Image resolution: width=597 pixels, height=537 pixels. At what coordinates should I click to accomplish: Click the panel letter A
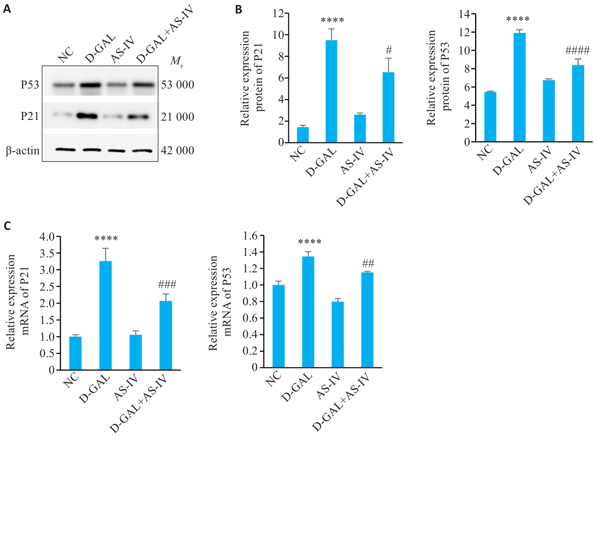(7, 9)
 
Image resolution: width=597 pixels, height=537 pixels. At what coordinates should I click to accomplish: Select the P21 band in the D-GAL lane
(87, 116)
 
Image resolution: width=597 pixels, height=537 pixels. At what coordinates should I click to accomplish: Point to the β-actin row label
(23, 151)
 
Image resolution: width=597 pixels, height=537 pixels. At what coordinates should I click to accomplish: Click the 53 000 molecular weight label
(178, 85)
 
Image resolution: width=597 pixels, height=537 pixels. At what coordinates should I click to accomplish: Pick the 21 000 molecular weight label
(178, 117)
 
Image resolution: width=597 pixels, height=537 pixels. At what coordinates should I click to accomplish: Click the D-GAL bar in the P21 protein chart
(331, 91)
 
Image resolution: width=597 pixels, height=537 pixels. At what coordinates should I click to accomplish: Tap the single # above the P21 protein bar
(389, 50)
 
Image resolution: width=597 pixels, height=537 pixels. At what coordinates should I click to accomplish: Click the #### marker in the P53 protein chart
(578, 50)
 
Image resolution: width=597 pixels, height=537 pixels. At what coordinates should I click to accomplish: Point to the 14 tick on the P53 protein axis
(464, 14)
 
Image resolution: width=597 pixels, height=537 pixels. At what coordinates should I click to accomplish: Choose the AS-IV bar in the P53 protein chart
(549, 111)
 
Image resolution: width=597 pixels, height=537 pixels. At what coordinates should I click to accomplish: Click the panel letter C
(7, 226)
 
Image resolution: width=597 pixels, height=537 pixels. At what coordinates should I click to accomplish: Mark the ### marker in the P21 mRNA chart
(167, 284)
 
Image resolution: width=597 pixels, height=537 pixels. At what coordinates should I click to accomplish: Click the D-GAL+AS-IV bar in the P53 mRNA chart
(367, 320)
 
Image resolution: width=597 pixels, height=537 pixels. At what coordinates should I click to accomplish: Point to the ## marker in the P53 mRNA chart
(368, 263)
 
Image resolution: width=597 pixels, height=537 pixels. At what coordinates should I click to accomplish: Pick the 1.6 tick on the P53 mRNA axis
(250, 236)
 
